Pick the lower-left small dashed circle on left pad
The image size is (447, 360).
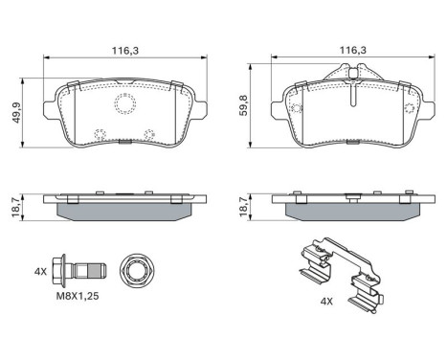click(97, 134)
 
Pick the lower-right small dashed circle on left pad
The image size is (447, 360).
click(147, 134)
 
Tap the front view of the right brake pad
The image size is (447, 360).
click(352, 115)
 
